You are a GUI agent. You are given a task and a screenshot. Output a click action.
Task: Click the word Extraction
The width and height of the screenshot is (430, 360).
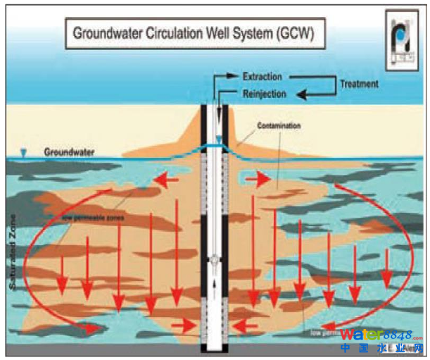click(x=262, y=75)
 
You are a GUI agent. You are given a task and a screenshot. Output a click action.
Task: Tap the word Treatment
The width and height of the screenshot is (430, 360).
click(x=359, y=84)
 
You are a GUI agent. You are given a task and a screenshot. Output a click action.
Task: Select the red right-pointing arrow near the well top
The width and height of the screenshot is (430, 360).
click(x=258, y=180)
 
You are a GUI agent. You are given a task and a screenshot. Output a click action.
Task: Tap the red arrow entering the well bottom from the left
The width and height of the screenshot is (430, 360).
click(x=184, y=325)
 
